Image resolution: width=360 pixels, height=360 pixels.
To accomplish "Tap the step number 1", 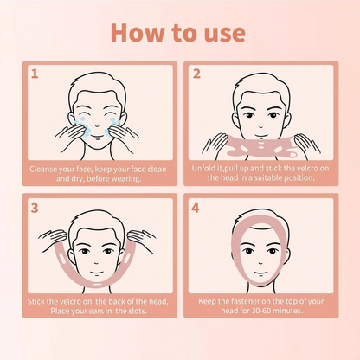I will [x=35, y=74].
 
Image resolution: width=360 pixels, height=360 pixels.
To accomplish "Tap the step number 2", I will [x=196, y=74].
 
